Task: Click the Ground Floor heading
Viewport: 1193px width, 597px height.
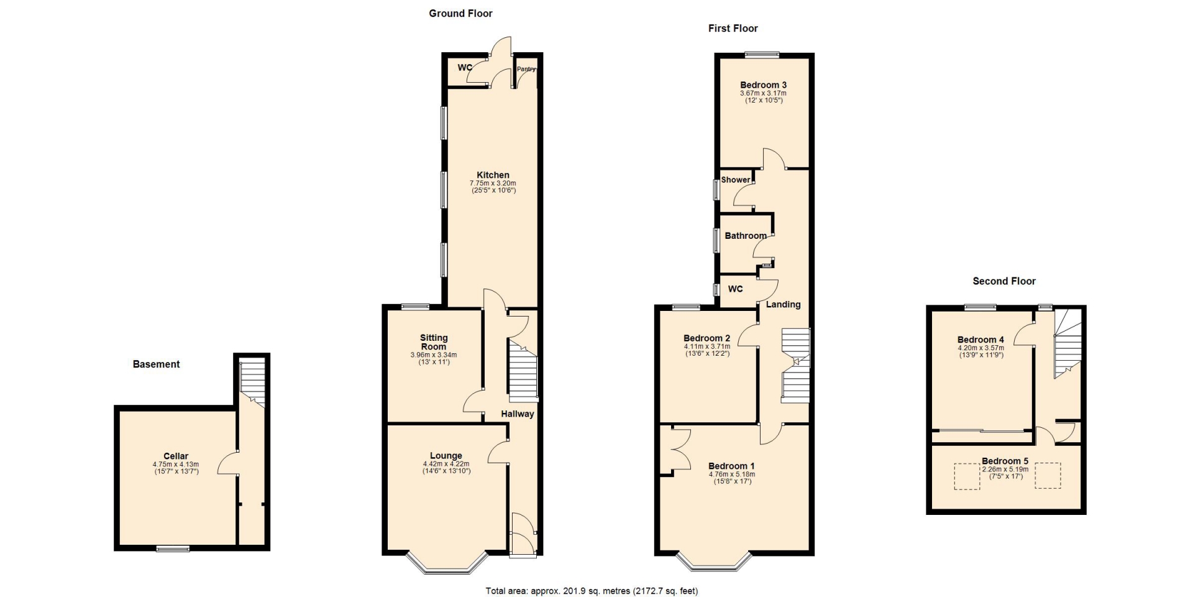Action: (x=460, y=13)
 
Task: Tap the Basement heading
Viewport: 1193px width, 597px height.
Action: (x=156, y=364)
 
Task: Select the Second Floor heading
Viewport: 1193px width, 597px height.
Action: (x=1004, y=281)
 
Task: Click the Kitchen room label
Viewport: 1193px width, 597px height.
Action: (x=493, y=175)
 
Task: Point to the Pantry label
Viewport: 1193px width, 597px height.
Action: (x=526, y=69)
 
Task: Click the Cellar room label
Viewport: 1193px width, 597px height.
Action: (x=176, y=456)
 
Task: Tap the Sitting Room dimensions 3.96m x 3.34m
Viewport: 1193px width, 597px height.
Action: (x=434, y=355)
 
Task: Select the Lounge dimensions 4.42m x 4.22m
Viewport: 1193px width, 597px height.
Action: (x=446, y=464)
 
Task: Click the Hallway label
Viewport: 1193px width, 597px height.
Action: (x=518, y=414)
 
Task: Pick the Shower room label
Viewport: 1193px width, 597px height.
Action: (x=736, y=180)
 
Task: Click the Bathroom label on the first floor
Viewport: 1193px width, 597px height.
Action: (x=746, y=236)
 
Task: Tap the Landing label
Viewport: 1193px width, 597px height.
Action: (x=783, y=304)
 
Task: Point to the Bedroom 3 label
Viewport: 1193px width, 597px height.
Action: (x=764, y=85)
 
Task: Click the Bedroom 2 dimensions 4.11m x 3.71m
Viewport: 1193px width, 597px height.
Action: (x=707, y=346)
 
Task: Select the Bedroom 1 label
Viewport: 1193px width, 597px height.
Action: (x=732, y=466)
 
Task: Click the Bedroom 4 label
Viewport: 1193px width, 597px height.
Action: (x=980, y=340)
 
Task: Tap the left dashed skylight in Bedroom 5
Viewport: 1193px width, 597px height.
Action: (x=967, y=476)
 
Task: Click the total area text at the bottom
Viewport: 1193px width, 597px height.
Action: (x=592, y=591)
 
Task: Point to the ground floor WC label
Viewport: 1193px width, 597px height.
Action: (x=465, y=68)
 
